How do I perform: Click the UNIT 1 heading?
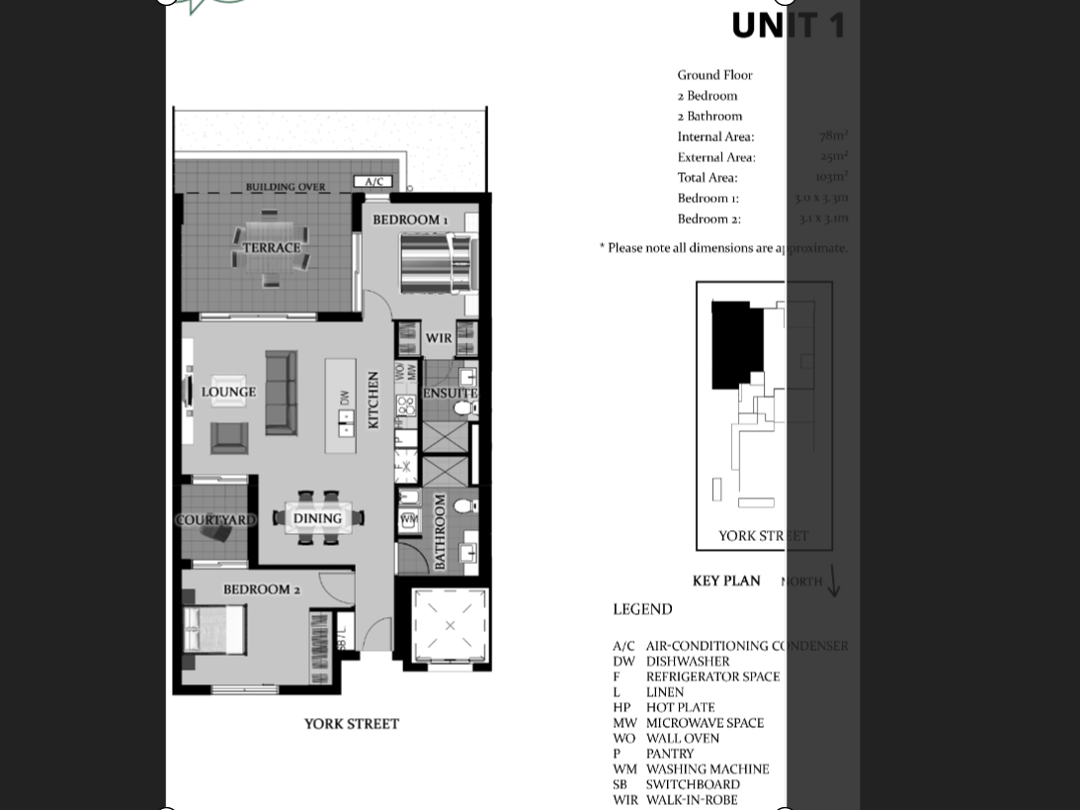click(x=788, y=26)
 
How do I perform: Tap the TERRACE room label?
click(x=272, y=247)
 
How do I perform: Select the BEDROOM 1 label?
click(x=410, y=220)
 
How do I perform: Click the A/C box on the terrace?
click(x=374, y=182)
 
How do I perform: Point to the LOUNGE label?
click(x=228, y=392)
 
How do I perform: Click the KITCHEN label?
click(x=374, y=400)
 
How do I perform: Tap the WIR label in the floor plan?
click(x=439, y=338)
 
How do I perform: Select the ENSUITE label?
click(x=451, y=393)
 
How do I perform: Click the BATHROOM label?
click(x=440, y=532)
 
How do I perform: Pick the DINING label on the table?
click(x=317, y=518)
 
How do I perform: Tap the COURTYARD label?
click(x=215, y=520)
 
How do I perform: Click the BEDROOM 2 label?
click(x=261, y=589)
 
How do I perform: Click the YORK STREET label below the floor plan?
click(x=351, y=724)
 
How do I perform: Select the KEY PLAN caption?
click(x=726, y=581)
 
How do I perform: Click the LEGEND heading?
click(x=642, y=609)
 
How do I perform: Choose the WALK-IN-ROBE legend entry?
click(x=692, y=800)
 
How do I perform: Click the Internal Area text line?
click(x=715, y=136)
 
